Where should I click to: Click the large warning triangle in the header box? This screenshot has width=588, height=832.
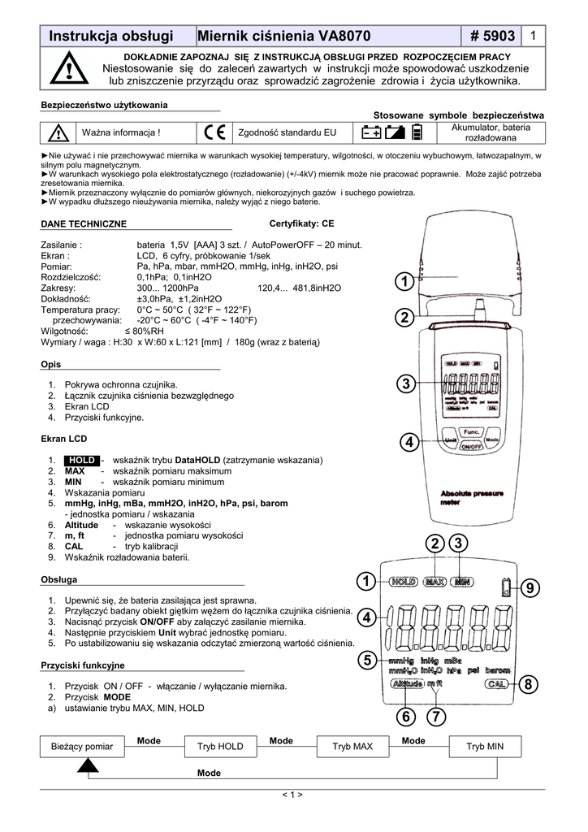point(68,70)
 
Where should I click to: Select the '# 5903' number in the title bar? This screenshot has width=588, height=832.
point(491,36)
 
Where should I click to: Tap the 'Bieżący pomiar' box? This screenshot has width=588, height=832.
point(78,746)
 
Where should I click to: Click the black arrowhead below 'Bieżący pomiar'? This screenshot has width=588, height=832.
point(89,765)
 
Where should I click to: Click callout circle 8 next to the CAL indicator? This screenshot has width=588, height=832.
point(531,686)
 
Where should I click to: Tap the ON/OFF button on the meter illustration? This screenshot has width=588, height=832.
point(470,446)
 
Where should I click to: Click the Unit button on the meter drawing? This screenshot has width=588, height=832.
point(451,440)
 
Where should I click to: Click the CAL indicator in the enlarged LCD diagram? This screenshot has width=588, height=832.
point(497,685)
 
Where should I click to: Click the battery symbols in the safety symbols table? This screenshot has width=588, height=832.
point(393,132)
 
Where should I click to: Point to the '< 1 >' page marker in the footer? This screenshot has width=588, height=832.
point(292,795)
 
